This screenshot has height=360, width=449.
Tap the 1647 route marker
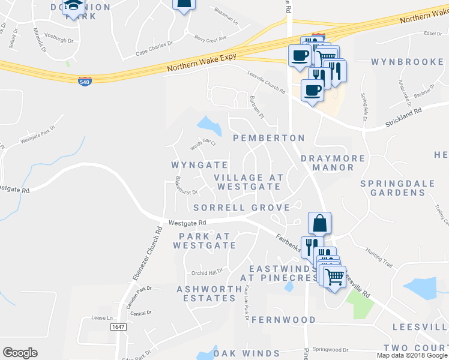point(118,327)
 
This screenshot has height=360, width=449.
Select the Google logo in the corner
point(20,353)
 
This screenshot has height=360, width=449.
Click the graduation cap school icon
point(74,7)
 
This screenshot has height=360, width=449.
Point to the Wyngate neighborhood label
point(199,165)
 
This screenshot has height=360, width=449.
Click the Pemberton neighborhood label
point(269,138)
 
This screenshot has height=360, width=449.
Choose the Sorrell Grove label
point(241,208)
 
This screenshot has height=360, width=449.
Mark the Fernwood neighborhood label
point(283,320)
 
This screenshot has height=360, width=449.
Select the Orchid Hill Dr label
point(207,271)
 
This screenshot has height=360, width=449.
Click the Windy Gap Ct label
point(202,145)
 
